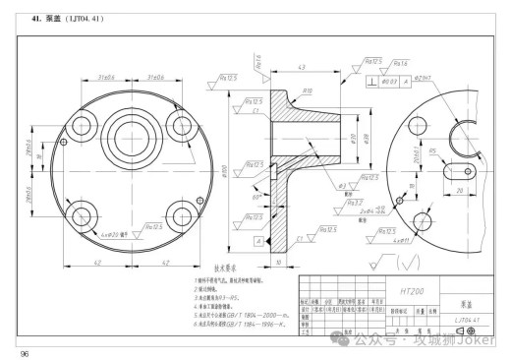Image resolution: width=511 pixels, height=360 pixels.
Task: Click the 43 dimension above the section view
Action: (302, 67)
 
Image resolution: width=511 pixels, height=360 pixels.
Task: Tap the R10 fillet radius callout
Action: (307, 90)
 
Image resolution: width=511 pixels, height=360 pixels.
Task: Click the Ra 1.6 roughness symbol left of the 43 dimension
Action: (254, 64)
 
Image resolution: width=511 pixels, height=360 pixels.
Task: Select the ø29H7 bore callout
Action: (425, 78)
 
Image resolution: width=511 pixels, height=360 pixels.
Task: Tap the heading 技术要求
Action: (228, 267)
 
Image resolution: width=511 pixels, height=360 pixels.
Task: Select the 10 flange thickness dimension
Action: (279, 263)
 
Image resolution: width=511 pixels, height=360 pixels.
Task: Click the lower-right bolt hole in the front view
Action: (181, 213)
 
